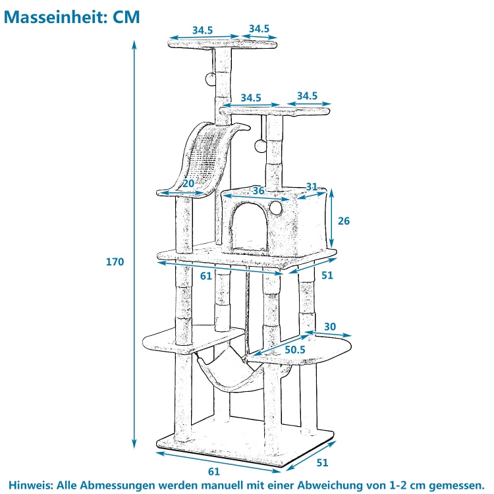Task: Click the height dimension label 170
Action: (115, 261)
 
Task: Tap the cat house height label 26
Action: (343, 221)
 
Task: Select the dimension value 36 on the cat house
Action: (258, 190)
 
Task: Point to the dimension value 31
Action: (312, 187)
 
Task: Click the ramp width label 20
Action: (188, 184)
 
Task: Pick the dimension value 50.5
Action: (294, 350)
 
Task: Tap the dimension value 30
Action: (329, 326)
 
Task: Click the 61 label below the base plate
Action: (213, 471)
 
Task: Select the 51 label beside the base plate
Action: (321, 462)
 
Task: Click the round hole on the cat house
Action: (277, 207)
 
